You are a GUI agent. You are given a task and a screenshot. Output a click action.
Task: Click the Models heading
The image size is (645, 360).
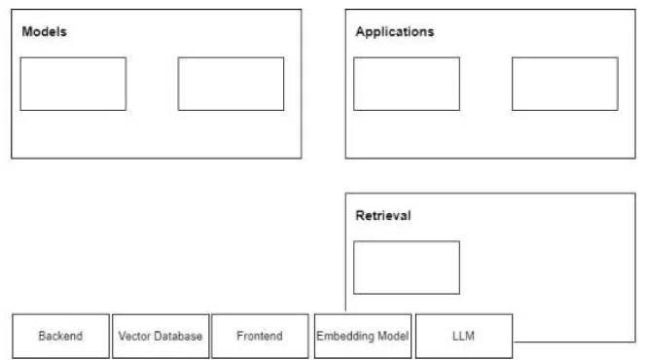(45, 32)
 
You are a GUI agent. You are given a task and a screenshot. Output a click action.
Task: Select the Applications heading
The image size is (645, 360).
(395, 32)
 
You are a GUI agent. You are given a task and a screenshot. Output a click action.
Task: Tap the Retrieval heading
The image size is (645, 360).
(383, 216)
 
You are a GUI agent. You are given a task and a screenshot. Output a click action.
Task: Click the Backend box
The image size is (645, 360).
(61, 336)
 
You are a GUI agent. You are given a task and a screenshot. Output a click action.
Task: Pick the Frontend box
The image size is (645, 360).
(260, 336)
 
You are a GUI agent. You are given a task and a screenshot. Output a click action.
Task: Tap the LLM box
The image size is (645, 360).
(464, 336)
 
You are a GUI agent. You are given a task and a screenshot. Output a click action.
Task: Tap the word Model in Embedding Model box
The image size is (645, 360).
(393, 336)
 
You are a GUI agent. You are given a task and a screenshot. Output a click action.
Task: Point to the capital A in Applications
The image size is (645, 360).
(361, 32)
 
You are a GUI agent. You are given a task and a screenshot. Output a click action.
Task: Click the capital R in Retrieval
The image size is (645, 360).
(360, 216)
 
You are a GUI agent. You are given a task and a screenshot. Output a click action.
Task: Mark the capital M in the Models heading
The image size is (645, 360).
(27, 32)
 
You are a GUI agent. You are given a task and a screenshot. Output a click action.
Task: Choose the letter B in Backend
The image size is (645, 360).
(43, 336)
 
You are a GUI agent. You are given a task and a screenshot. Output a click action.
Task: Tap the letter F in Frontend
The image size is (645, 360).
(240, 336)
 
